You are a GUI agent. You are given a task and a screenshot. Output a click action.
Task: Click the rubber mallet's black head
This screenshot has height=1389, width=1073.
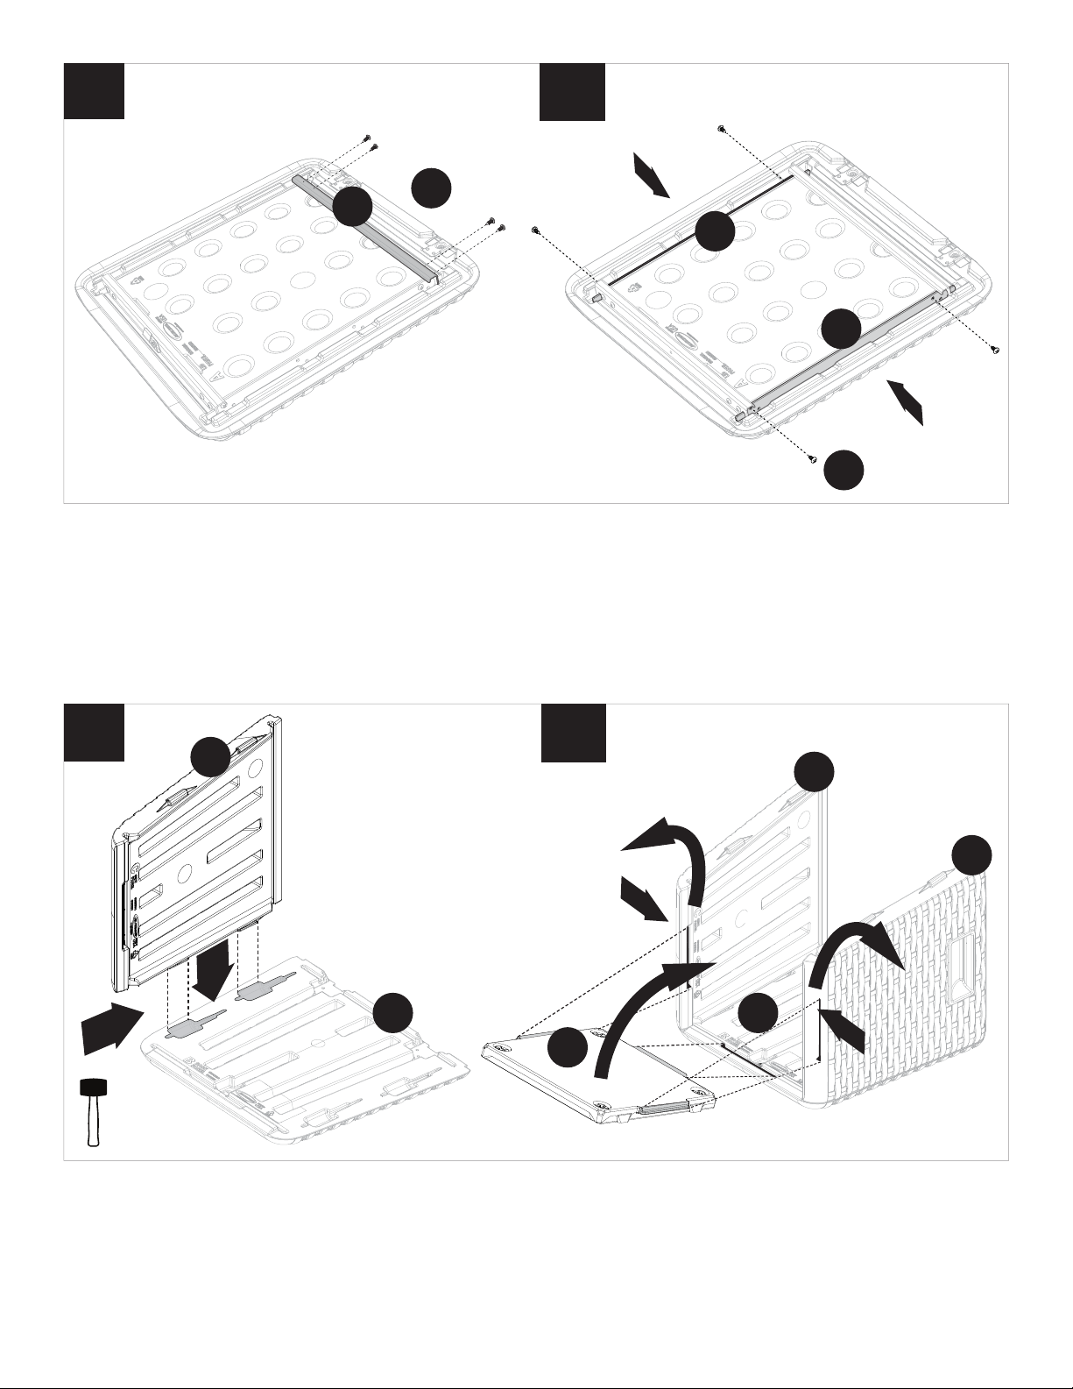pyautogui.click(x=93, y=1088)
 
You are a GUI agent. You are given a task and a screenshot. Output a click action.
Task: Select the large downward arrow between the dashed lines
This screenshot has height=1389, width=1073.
pyautogui.click(x=213, y=963)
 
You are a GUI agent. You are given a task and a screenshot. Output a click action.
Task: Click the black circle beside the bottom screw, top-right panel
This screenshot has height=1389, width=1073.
pyautogui.click(x=844, y=470)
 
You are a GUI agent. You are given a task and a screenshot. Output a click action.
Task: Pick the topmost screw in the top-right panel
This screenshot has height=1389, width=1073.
pyautogui.click(x=720, y=129)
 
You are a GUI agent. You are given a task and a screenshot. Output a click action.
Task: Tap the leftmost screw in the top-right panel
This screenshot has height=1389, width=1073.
pyautogui.click(x=535, y=230)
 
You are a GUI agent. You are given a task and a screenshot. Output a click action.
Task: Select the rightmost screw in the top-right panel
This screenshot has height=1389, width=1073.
pyautogui.click(x=994, y=350)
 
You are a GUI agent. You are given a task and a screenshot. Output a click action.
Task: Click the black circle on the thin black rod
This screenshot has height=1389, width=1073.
pyautogui.click(x=715, y=231)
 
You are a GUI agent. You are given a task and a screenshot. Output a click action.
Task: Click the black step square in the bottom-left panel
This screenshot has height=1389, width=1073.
pyautogui.click(x=94, y=732)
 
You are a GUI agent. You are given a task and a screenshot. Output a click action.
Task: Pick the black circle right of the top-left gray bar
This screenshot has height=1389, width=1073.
pyautogui.click(x=431, y=189)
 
